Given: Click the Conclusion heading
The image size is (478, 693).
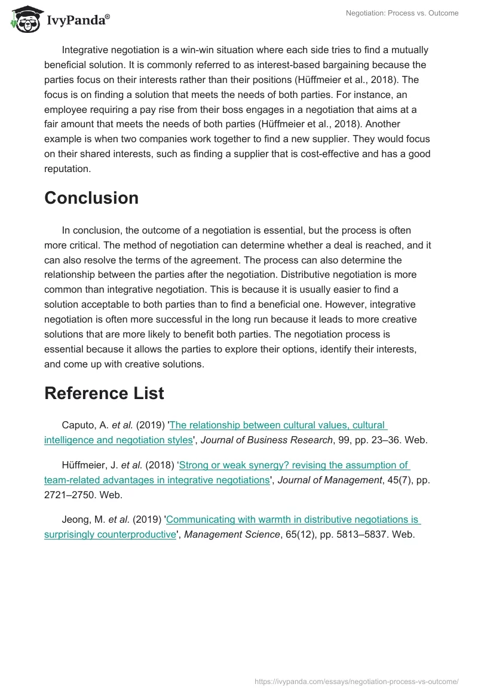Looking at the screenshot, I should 91,198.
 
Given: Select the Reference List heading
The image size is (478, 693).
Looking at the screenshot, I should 104,393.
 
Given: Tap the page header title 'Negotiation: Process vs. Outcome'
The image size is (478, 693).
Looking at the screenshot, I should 402,13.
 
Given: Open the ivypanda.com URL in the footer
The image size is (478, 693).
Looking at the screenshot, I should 357,680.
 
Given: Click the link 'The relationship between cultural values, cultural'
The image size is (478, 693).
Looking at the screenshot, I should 278,425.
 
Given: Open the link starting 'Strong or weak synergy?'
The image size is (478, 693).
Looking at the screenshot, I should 293,465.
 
